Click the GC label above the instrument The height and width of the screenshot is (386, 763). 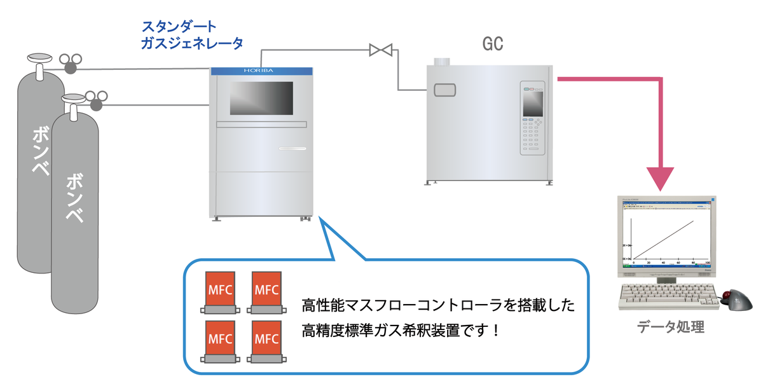(493, 44)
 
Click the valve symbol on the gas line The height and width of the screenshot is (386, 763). (381, 49)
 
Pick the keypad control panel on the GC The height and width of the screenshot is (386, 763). (533, 119)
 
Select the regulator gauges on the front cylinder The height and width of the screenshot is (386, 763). (97, 99)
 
